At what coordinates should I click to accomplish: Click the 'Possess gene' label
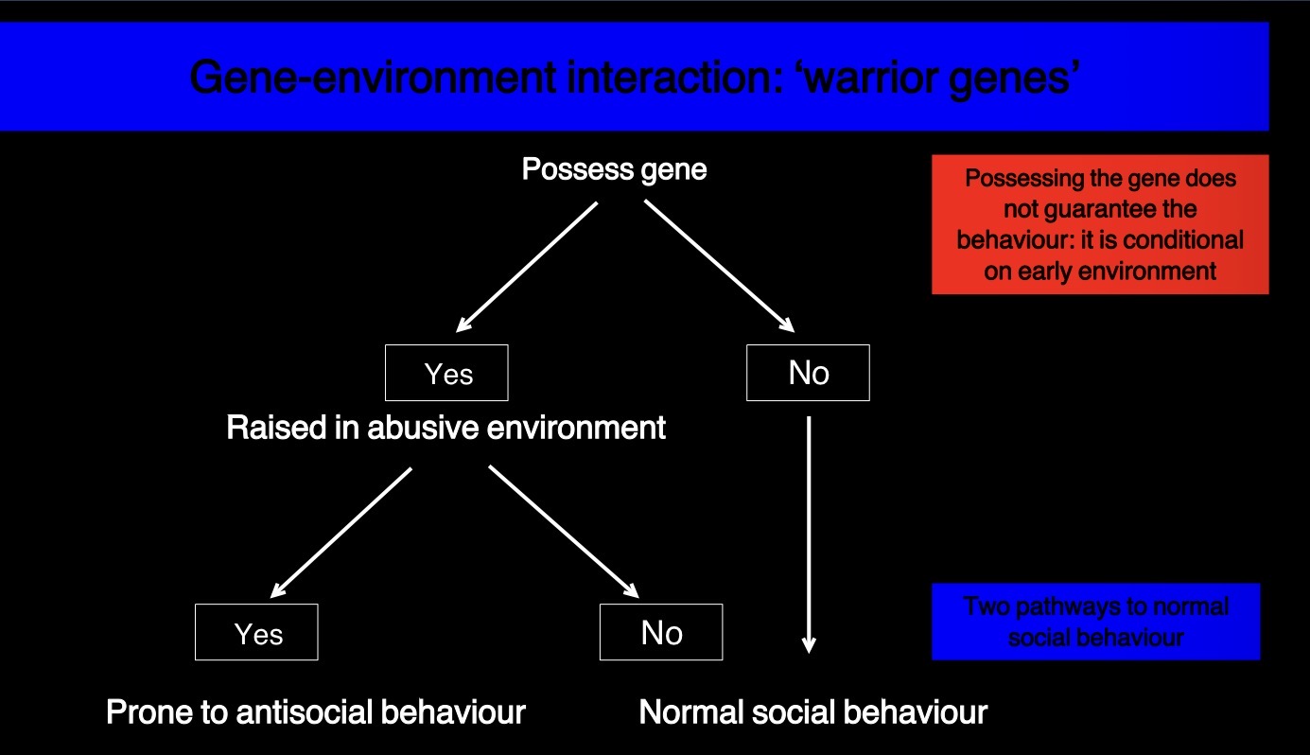[614, 170]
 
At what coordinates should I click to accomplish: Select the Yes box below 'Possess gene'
[446, 373]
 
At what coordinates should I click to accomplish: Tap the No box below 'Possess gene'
[808, 373]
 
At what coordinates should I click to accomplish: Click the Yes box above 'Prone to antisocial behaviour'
[256, 632]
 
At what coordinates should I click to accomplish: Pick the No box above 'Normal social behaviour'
[660, 632]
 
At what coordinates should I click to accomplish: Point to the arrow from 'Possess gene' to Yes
[526, 266]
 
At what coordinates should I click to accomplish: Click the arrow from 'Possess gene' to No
[719, 266]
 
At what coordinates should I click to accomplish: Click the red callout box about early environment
[1100, 224]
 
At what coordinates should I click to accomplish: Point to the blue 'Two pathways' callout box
[1095, 621]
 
